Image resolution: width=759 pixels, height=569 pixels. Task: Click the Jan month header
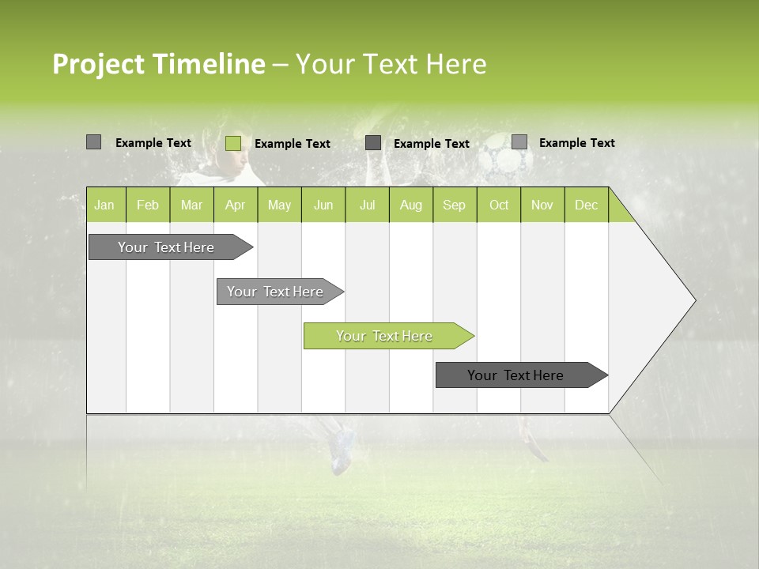104,205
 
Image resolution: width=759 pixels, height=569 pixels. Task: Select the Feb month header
148,205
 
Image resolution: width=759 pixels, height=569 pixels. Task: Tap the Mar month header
191,205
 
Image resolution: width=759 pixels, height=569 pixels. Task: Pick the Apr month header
235,205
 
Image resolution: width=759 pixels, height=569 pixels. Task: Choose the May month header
279,205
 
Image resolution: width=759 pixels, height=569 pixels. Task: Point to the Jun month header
323,205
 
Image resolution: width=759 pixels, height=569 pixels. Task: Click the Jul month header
367,205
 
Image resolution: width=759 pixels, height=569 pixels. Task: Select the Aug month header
410,205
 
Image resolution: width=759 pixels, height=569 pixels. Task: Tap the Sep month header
454,205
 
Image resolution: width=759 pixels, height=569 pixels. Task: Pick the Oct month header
499,205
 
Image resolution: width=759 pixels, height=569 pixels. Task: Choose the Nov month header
542,205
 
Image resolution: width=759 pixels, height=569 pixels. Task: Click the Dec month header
586,205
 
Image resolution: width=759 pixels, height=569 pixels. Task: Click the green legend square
233,143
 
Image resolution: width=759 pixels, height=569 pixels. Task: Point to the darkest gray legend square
373,143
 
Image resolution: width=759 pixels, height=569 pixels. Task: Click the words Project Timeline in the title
159,64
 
